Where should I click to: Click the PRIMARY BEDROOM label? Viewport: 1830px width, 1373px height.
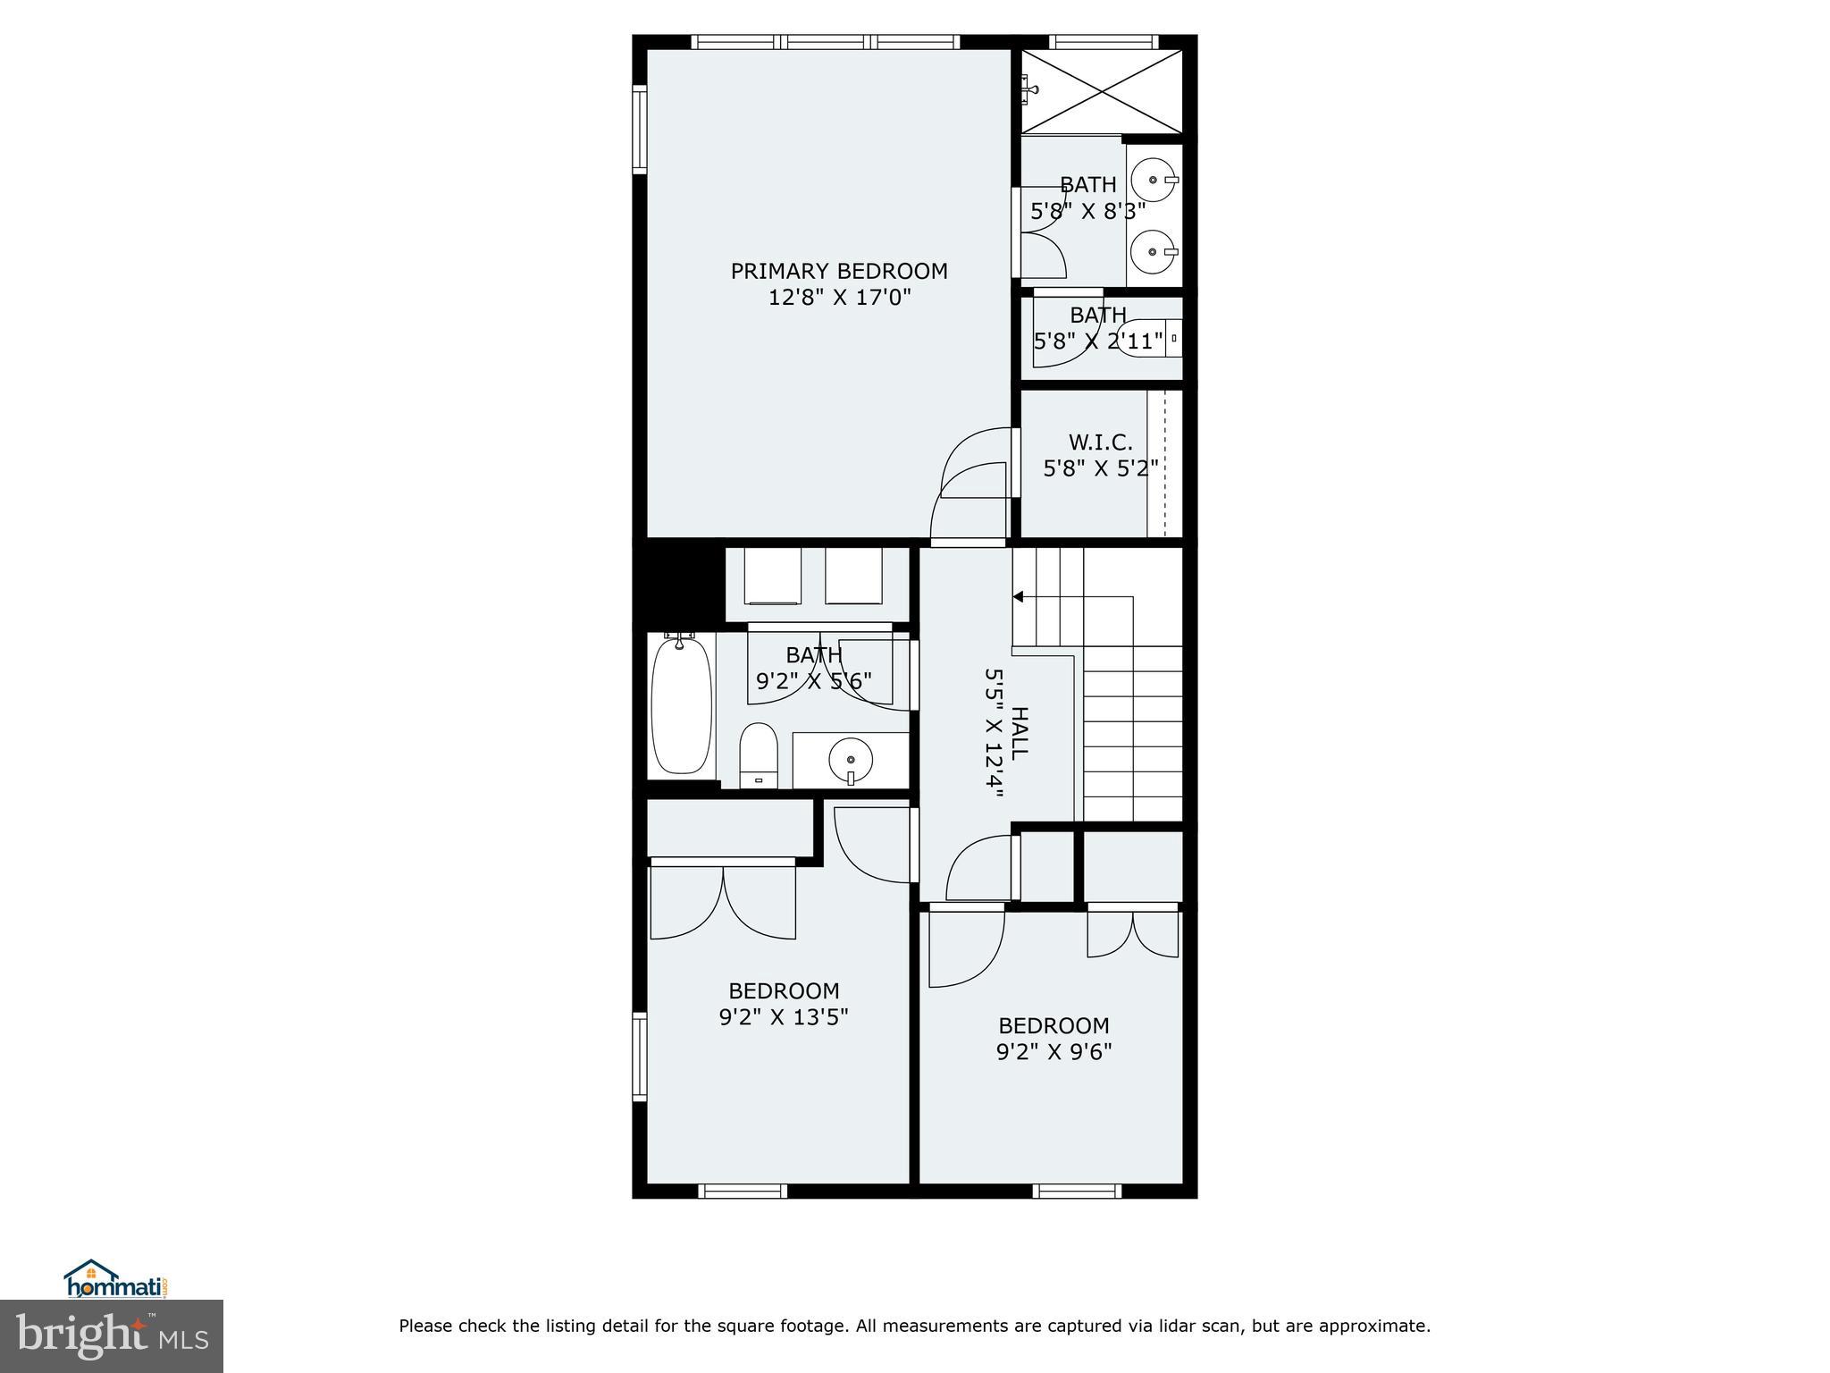839,271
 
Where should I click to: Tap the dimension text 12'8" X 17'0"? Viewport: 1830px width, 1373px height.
839,298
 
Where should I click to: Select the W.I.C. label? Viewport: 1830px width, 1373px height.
1100,442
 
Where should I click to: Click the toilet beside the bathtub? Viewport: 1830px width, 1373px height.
759,756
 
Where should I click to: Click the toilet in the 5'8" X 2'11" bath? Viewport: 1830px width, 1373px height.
1148,339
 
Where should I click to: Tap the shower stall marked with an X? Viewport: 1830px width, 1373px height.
1101,91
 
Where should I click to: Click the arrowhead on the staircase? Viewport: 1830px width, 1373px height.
1018,596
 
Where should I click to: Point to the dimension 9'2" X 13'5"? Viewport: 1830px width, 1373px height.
784,1016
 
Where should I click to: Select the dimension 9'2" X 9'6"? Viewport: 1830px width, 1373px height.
1054,1051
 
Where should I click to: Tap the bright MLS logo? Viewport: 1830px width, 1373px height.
112,1335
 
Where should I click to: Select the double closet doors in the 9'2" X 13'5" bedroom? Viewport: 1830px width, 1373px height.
722,901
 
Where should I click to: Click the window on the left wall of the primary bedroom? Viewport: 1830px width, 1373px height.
639,128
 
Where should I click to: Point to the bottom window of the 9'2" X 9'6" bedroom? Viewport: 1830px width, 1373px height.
1077,1191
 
